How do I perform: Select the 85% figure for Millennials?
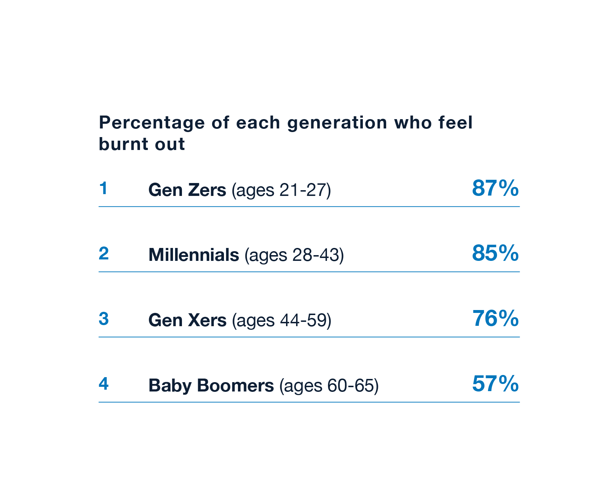[495, 253]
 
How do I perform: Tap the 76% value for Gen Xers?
[495, 319]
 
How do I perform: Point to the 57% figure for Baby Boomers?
[495, 384]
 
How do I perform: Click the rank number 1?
[103, 189]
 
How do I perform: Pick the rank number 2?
[103, 254]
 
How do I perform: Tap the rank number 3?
[103, 319]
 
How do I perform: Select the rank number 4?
[103, 384]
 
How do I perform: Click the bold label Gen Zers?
[187, 190]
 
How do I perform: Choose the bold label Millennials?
[194, 255]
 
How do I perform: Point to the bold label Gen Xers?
[187, 320]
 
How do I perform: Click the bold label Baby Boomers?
[211, 386]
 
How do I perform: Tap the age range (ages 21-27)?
[281, 190]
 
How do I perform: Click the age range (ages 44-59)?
[281, 320]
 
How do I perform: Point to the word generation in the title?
[337, 123]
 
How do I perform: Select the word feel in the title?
[455, 123]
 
